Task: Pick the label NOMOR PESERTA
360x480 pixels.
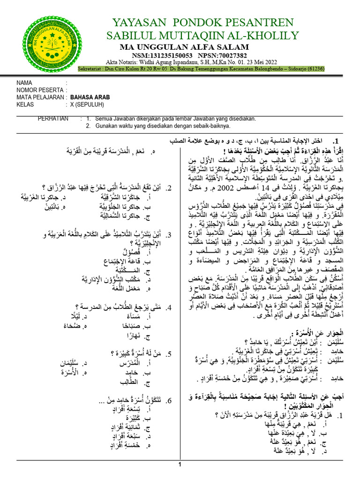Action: tap(39, 90)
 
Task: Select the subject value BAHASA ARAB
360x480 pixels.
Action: tap(90, 97)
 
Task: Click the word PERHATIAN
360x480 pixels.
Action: tap(53, 119)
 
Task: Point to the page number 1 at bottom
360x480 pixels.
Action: tap(180, 465)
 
